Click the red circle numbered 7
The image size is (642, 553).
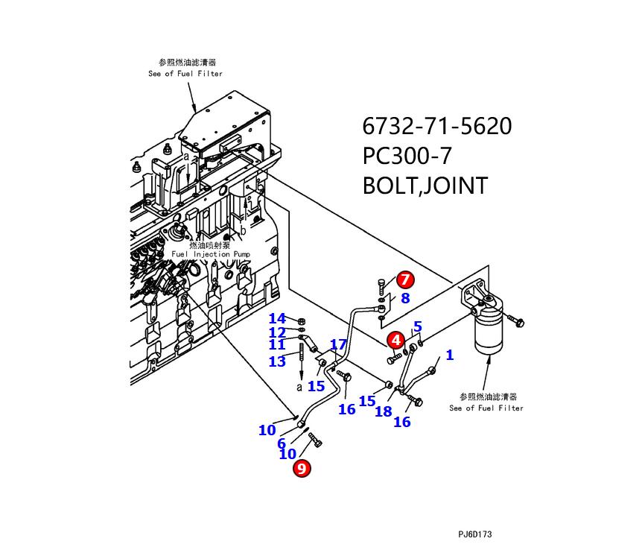(x=404, y=280)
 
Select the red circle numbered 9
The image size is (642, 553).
(x=302, y=468)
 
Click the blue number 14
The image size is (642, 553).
(x=277, y=320)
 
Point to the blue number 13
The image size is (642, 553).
(x=277, y=361)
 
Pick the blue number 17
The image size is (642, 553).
(x=338, y=344)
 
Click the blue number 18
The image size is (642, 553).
(x=383, y=411)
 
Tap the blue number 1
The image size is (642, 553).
(x=449, y=355)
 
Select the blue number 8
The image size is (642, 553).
(x=405, y=299)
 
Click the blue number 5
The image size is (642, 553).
(x=418, y=327)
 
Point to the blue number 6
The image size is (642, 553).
(x=282, y=444)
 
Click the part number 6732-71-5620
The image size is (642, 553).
(x=437, y=126)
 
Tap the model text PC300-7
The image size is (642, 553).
(x=407, y=156)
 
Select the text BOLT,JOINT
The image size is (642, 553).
(x=425, y=186)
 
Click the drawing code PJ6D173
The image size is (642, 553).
(x=475, y=534)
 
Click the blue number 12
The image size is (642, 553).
(x=277, y=333)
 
